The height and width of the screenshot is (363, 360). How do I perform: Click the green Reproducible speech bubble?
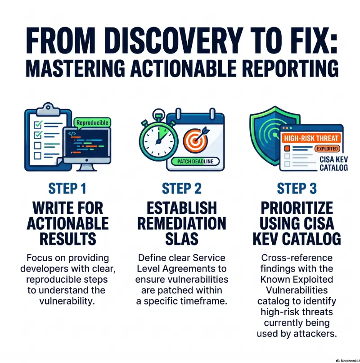(x=92, y=123)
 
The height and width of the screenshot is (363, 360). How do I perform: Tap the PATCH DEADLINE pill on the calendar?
(x=195, y=161)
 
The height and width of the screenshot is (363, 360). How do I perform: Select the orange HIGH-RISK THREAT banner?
(x=311, y=138)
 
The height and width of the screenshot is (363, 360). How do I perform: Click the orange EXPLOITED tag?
(x=327, y=149)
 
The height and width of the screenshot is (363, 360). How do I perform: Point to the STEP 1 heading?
(x=67, y=188)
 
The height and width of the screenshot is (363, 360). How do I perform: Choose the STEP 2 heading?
(x=182, y=188)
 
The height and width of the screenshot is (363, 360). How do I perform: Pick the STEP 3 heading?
(x=297, y=188)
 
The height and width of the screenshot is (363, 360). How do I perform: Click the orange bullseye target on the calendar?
(x=195, y=141)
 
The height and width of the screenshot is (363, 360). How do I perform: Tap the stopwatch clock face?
(x=159, y=141)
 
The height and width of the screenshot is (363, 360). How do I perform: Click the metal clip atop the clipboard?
(x=48, y=109)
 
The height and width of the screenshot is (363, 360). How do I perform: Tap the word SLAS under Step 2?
(x=182, y=239)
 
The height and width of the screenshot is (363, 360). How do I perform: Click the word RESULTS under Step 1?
(x=67, y=239)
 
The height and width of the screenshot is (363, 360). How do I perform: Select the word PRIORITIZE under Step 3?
(x=297, y=208)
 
